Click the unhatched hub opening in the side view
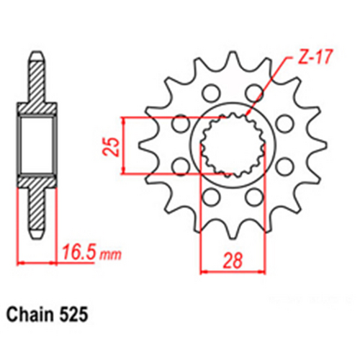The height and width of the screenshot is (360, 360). pyautogui.click(x=35, y=144)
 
